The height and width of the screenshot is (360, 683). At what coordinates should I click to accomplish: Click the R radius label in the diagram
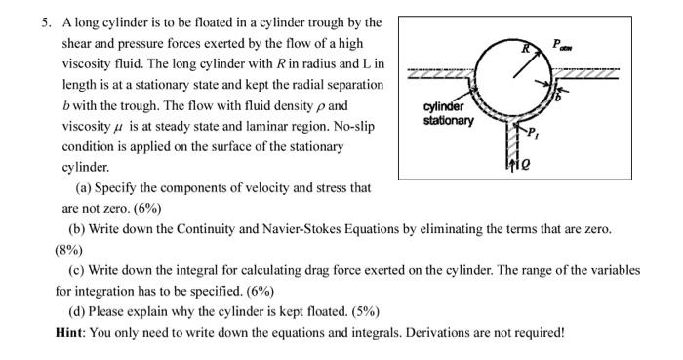tap(524, 47)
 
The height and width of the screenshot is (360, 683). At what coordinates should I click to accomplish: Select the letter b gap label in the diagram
tap(557, 98)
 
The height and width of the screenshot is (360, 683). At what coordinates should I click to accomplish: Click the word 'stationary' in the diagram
tap(449, 121)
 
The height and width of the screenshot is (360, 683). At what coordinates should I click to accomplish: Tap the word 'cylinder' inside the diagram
tap(445, 107)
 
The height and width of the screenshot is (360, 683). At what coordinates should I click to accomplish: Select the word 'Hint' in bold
tap(71, 332)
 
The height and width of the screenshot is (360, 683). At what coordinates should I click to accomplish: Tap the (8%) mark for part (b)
tap(71, 249)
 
